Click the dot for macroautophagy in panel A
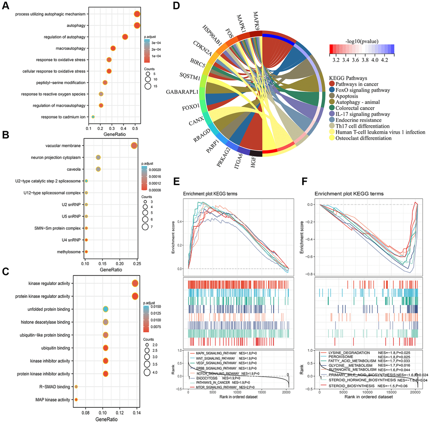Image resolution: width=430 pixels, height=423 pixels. (113, 48)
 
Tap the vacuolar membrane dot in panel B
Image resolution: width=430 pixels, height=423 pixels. (134, 146)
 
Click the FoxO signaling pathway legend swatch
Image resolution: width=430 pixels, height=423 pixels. (333, 89)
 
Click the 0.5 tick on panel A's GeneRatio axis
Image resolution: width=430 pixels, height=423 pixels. (135, 127)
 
